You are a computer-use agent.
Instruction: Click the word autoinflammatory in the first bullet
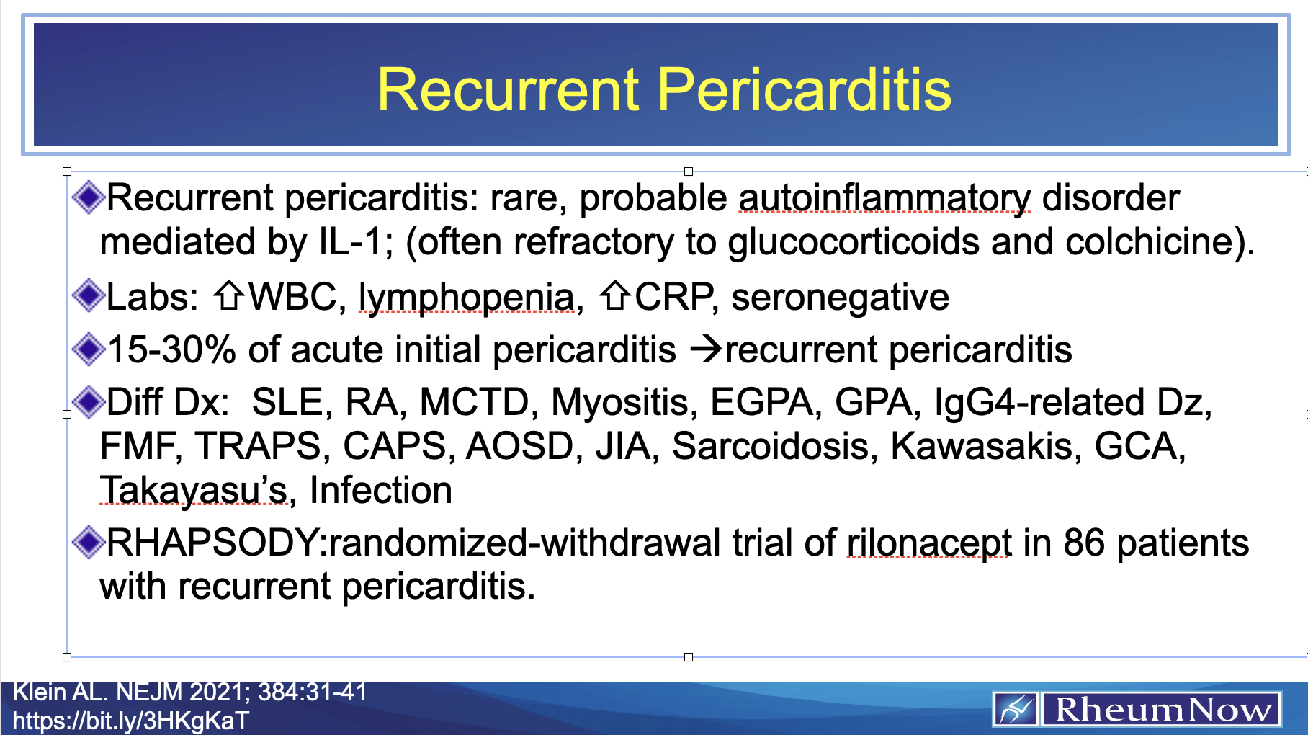click(884, 198)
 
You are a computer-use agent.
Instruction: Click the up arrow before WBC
click(229, 296)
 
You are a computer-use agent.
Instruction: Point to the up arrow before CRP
click(616, 296)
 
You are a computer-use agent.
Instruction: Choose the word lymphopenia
click(466, 298)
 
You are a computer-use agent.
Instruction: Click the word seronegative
click(840, 297)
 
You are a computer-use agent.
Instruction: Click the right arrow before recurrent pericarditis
click(706, 350)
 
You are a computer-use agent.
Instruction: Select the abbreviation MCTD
click(474, 402)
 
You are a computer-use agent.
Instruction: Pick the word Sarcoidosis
click(771, 446)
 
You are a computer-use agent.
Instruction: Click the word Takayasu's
click(194, 491)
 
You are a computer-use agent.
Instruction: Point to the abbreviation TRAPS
click(257, 446)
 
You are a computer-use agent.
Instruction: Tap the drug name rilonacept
click(928, 543)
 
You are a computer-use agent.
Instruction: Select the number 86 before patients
click(1083, 543)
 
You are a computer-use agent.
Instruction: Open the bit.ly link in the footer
click(130, 721)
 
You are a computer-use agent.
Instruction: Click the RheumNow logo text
click(1162, 710)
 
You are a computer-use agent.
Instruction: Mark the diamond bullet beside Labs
click(89, 295)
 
